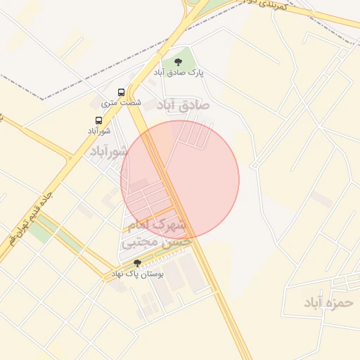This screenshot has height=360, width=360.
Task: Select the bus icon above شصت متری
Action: [x=122, y=92]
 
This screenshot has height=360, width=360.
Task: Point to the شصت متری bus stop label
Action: [x=122, y=103]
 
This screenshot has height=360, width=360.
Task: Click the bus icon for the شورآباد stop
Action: [x=98, y=120]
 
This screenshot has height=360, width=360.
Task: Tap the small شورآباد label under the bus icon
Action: [x=99, y=131]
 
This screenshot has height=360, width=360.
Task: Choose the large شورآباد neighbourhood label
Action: [x=109, y=152]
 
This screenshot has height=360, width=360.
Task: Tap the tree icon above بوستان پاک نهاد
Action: [x=137, y=263]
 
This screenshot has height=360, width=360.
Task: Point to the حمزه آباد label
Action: [x=327, y=302]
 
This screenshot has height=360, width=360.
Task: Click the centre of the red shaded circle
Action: [x=180, y=179]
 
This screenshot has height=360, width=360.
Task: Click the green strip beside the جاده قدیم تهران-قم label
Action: [x=53, y=232]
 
